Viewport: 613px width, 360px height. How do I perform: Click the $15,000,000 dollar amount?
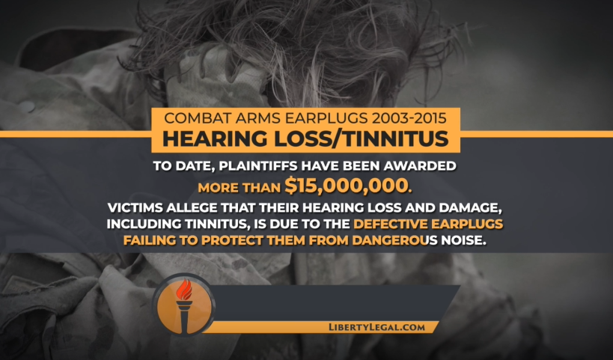[346, 186]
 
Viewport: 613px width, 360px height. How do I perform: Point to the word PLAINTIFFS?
[257, 165]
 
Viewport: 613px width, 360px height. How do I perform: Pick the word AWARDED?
[419, 165]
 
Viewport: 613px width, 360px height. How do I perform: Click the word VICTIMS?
[135, 207]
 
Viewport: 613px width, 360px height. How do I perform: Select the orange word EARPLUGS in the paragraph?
[467, 224]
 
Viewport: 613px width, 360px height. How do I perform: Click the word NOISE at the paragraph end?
[463, 240]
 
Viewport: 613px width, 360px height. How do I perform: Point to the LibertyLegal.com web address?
[376, 328]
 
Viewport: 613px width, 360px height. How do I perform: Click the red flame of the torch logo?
[184, 289]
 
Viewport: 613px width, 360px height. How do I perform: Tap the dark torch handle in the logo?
[183, 317]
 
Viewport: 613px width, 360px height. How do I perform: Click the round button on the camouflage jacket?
[26, 106]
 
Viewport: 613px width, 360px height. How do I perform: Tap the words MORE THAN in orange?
[240, 188]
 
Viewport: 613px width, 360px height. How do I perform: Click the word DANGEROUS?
[395, 240]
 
